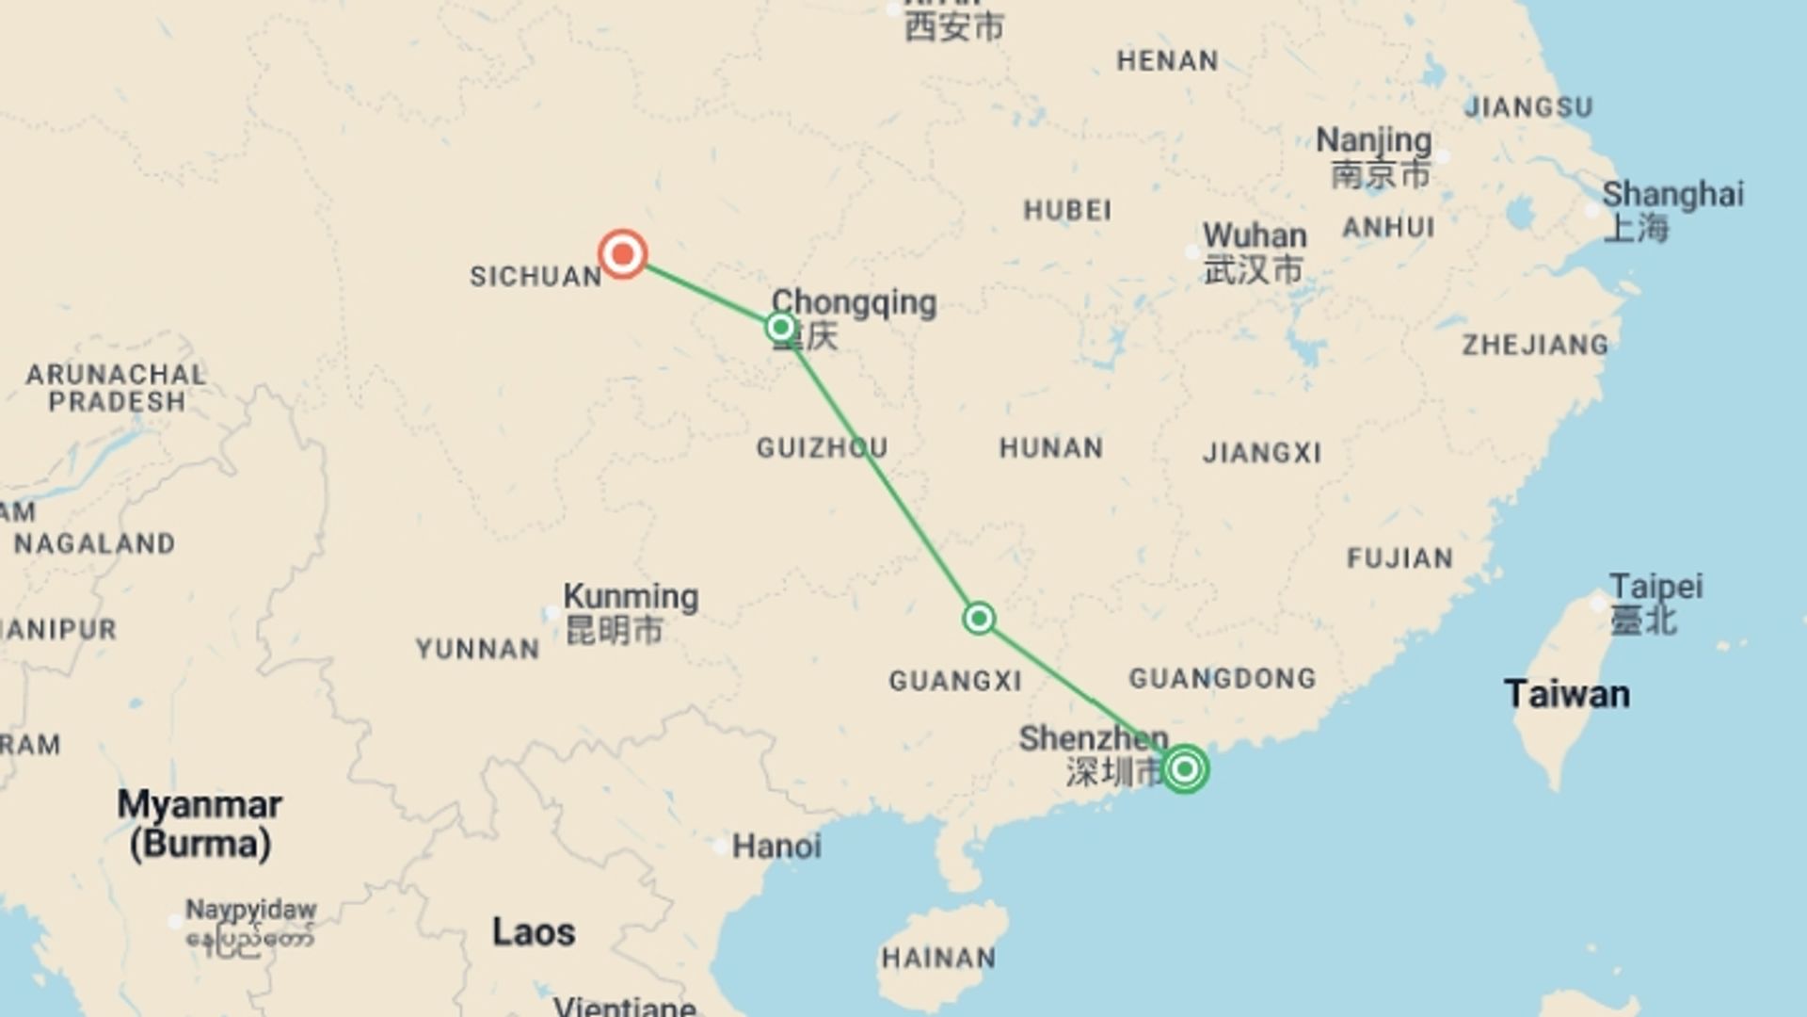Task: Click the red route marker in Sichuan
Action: (622, 254)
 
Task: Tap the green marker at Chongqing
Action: (780, 328)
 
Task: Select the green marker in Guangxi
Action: (979, 619)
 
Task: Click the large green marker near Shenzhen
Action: (1185, 769)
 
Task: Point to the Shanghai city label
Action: (1672, 195)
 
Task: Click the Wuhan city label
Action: (1254, 235)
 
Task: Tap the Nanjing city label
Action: (1373, 140)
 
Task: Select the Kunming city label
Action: (631, 597)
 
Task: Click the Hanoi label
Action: (776, 847)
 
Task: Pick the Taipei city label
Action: (1655, 587)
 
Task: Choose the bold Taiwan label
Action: (1567, 695)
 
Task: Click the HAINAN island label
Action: (938, 959)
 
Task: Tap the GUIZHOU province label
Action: (822, 447)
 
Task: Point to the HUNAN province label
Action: (1051, 447)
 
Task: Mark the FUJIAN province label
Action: (1399, 558)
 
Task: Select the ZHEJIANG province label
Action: (1535, 346)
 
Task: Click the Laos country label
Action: (533, 932)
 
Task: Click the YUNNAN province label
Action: (477, 649)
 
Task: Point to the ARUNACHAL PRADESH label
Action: (116, 388)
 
